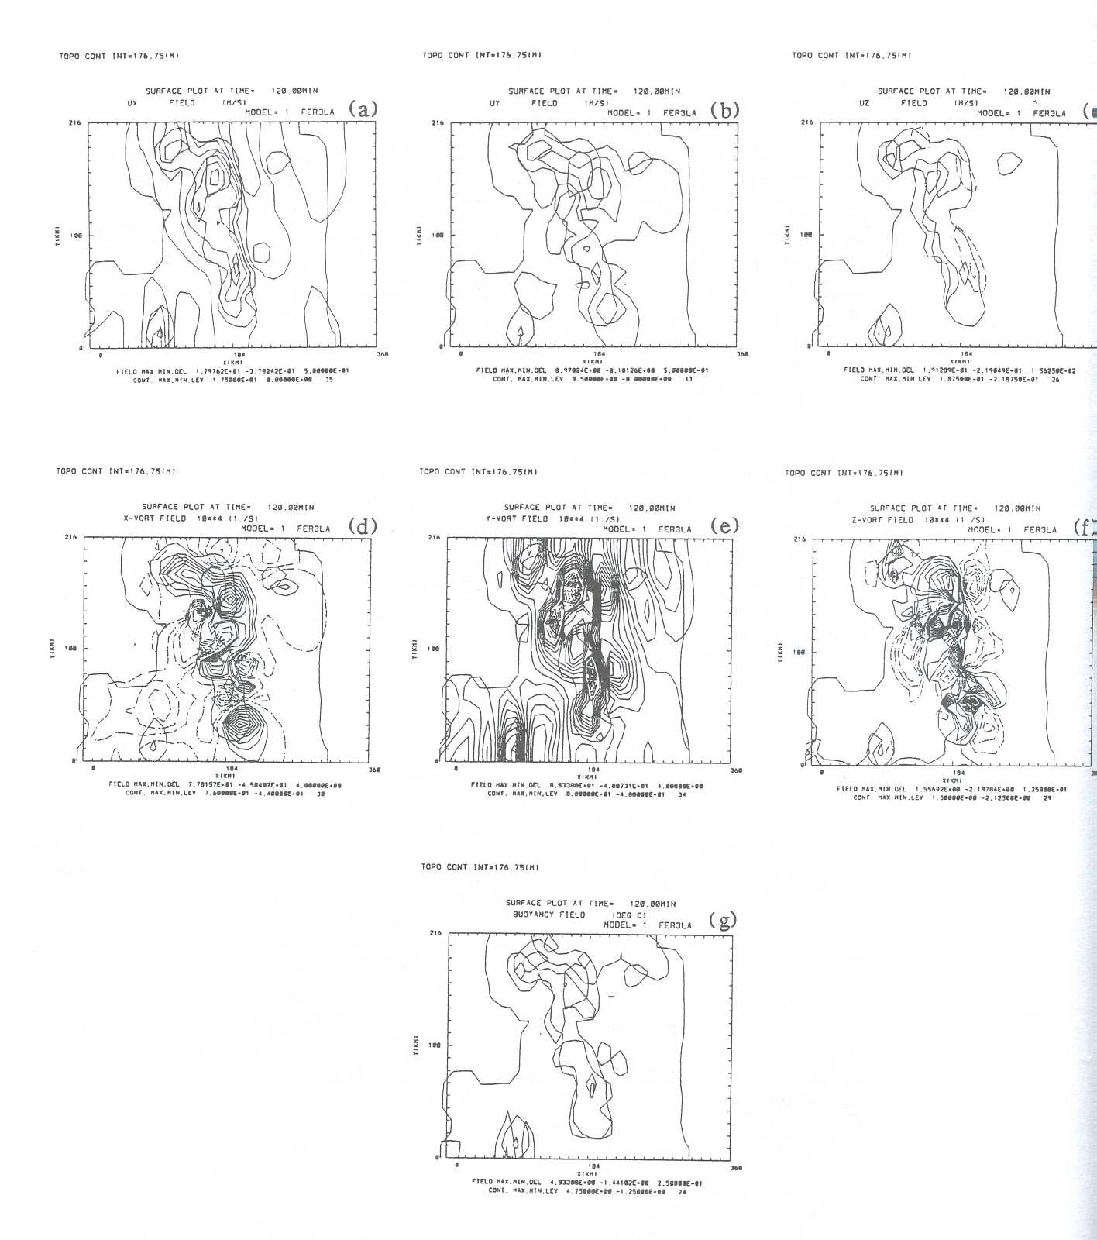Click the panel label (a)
click(x=363, y=109)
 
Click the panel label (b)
click(x=724, y=110)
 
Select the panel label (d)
click(x=362, y=526)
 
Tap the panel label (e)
click(x=724, y=526)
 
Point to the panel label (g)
click(x=723, y=921)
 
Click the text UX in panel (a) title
click(x=132, y=102)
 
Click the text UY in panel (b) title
click(x=494, y=102)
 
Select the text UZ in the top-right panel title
click(x=865, y=102)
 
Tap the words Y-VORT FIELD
click(x=517, y=518)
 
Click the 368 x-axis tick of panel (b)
click(x=742, y=354)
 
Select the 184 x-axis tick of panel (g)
click(x=593, y=1166)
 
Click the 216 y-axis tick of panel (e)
click(x=435, y=537)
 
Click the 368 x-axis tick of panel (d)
click(x=374, y=769)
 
